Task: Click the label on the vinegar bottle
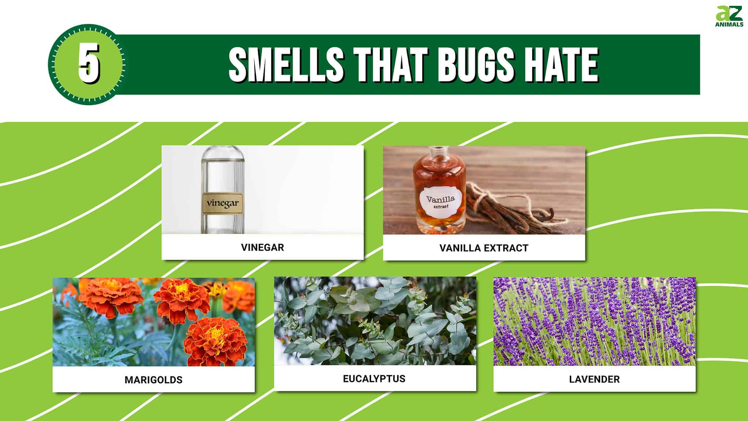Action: tap(223, 203)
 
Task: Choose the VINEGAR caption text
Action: tap(262, 247)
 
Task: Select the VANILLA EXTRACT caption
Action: tap(484, 248)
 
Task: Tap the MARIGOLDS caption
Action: tap(153, 380)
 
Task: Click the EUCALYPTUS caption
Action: tap(374, 379)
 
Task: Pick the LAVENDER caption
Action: tap(594, 379)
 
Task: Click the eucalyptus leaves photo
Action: tap(375, 321)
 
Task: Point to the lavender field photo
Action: tap(594, 322)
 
